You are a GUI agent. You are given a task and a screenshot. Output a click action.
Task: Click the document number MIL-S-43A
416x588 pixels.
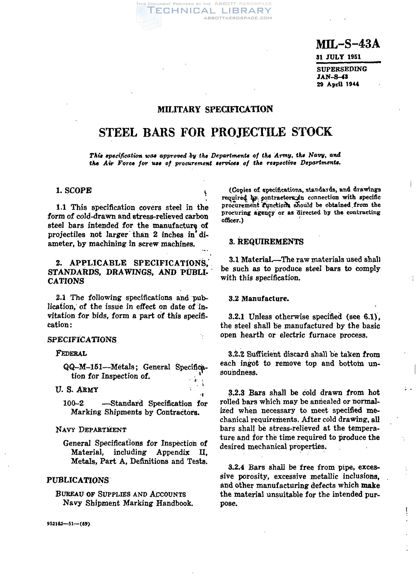tap(348, 44)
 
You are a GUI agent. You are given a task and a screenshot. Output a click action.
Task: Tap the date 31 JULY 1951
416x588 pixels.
tap(339, 57)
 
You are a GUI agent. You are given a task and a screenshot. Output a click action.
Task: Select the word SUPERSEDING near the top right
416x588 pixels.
tap(342, 69)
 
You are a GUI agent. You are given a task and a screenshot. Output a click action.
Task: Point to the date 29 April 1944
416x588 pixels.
tap(338, 84)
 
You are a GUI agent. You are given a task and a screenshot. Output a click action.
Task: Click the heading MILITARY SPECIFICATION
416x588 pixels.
tap(215, 109)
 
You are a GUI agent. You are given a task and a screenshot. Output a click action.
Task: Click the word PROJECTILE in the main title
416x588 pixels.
tap(249, 132)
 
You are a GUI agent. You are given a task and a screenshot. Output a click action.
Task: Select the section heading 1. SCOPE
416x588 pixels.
tap(74, 190)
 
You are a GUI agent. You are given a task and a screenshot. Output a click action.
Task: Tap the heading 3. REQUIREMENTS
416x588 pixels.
tap(266, 242)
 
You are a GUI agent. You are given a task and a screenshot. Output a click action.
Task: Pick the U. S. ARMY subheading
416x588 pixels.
tap(77, 390)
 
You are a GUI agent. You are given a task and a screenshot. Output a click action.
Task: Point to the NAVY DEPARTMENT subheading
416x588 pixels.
tap(91, 430)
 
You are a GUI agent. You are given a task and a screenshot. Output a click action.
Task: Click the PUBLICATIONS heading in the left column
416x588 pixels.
tap(78, 480)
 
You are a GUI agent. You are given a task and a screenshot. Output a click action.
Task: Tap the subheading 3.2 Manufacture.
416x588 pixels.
tap(258, 299)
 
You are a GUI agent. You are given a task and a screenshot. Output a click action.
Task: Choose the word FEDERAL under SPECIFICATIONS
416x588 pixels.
tap(71, 353)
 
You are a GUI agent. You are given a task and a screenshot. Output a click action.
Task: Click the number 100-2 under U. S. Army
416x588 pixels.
tap(73, 403)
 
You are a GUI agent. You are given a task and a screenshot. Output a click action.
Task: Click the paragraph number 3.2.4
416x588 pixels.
tap(236, 467)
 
